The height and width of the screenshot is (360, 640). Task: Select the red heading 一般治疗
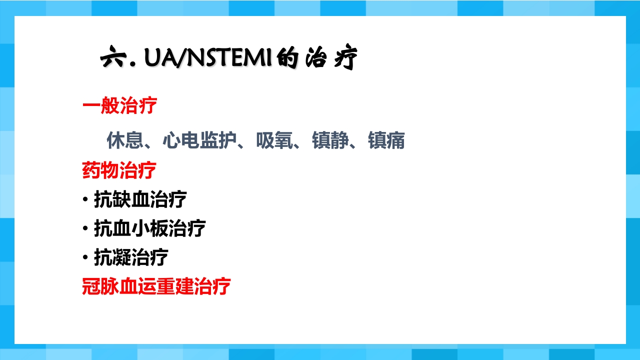point(119,106)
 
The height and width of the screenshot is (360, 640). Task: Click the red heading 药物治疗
point(119,170)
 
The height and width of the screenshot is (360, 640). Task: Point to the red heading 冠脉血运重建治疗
point(156,286)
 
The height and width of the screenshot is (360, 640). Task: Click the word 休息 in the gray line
point(125,141)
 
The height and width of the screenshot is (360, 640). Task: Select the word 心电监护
point(199,141)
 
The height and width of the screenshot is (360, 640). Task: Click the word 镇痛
point(386,141)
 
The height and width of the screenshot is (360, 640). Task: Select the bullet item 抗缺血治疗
point(140,199)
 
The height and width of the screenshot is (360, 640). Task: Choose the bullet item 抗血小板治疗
point(150,228)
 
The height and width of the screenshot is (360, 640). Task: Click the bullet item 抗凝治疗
point(131,257)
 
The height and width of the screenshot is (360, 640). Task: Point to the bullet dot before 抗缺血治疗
point(85,200)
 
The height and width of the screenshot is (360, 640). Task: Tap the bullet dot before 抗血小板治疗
point(85,229)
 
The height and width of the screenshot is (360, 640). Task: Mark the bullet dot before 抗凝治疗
point(85,258)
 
